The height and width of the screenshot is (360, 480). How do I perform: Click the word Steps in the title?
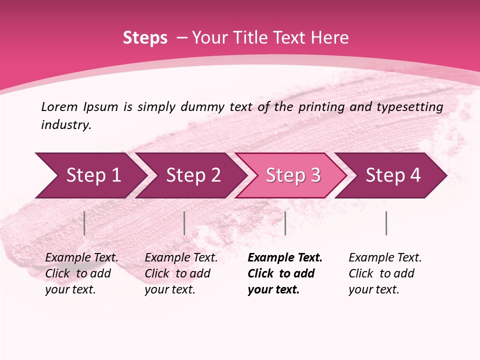[x=145, y=38]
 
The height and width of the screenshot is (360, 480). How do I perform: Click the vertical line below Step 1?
[x=84, y=223]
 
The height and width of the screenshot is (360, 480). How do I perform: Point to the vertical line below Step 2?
[x=184, y=223]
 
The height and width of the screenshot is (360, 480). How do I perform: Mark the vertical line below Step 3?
[x=285, y=223]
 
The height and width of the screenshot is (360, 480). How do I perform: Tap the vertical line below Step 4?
[x=386, y=223]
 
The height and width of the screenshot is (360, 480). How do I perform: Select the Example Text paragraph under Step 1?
[x=81, y=273]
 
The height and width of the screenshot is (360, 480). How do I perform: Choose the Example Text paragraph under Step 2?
[x=181, y=273]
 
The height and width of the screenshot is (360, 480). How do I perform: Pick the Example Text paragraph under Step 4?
[x=385, y=273]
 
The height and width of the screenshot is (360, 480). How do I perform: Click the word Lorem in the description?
[x=59, y=107]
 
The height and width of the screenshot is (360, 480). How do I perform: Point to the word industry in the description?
[x=66, y=125]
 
